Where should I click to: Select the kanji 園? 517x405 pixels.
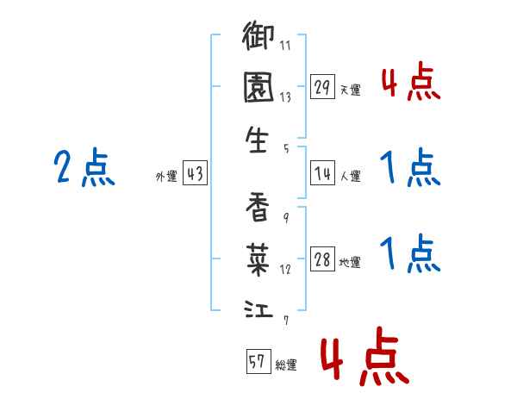[x=258, y=89]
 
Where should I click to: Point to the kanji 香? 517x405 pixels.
[x=258, y=207]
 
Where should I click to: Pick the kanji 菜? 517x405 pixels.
[x=258, y=256]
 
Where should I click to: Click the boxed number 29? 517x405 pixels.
[x=322, y=88]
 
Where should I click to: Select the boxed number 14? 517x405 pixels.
[x=322, y=174]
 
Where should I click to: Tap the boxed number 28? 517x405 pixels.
[x=322, y=260]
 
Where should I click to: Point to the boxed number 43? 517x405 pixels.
[x=195, y=174]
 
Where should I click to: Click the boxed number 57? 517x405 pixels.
[x=258, y=362]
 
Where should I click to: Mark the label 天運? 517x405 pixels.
[x=350, y=90]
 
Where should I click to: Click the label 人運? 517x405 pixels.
[x=350, y=176]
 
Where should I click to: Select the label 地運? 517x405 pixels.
[x=350, y=262]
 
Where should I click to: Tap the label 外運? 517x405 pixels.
[x=166, y=176]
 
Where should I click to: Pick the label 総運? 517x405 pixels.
[x=285, y=364]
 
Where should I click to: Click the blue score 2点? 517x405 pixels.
[x=84, y=168]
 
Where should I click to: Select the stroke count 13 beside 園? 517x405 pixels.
[x=285, y=97]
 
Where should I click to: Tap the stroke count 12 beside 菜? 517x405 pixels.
[x=285, y=268]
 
